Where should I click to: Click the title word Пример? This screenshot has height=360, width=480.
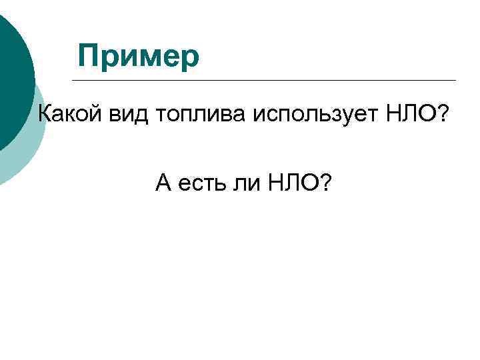[x=138, y=56]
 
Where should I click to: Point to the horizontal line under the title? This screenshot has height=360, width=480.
[x=267, y=81]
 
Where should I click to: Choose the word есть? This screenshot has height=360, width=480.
[x=201, y=181]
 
